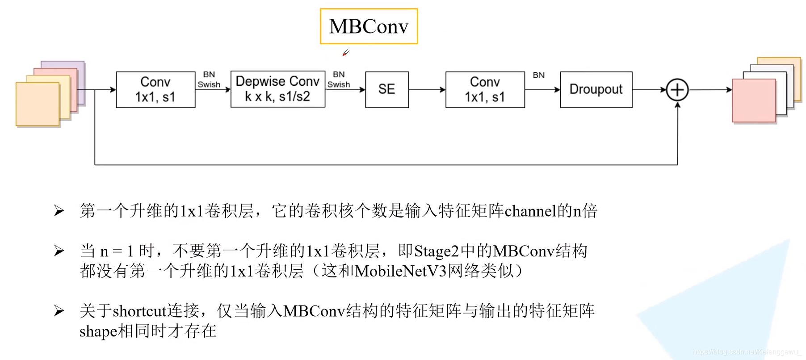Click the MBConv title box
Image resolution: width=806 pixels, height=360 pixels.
point(369,26)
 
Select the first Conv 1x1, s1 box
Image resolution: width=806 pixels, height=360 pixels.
point(155,89)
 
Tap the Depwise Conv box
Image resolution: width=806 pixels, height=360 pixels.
point(277,89)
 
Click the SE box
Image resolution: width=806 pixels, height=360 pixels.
point(387,89)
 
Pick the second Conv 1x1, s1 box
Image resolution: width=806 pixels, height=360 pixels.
point(485,89)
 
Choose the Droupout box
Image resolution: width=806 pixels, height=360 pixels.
point(596,89)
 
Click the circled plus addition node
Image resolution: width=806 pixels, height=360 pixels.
point(677,90)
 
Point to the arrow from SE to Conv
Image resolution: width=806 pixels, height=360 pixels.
point(427,90)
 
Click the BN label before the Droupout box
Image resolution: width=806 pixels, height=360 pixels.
point(538,75)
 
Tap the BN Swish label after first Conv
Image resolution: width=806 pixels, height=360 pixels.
point(209,80)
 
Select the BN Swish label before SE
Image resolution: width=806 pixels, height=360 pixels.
point(339,80)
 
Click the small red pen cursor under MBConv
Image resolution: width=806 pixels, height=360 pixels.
point(345,53)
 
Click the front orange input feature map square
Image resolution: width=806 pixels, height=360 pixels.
point(38,104)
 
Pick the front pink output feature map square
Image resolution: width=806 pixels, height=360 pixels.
point(754,100)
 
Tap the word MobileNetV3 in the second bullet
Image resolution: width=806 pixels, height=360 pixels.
point(401,271)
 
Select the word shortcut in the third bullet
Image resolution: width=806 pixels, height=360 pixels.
point(139,311)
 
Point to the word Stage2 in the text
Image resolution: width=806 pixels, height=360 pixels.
point(436,251)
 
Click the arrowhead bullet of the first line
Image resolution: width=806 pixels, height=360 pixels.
point(59,211)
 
